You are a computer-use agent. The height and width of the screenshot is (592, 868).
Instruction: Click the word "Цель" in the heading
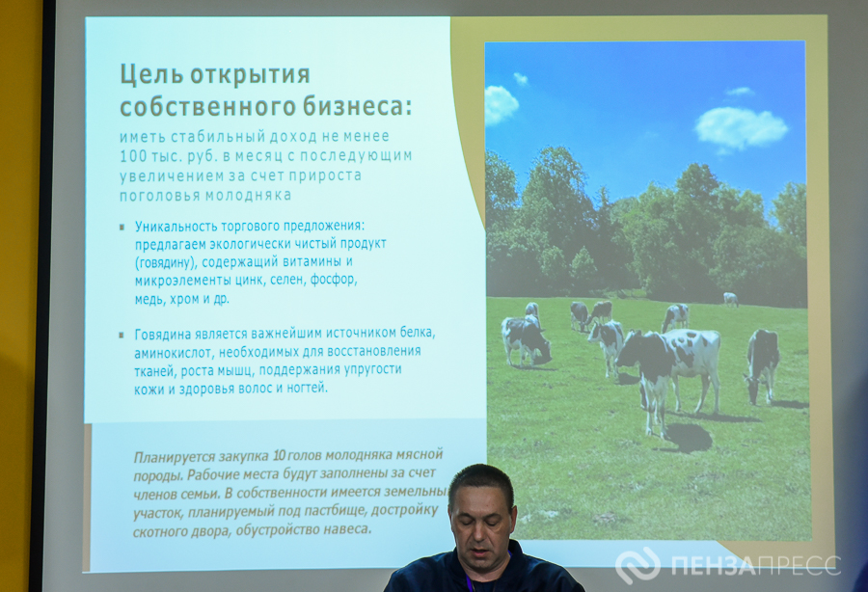coord(151,74)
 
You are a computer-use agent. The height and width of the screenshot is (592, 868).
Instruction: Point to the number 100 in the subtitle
coord(133,156)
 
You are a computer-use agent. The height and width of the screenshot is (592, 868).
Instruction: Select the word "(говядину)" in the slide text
coord(166,261)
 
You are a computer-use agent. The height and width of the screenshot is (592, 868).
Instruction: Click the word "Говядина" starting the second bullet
coord(163,335)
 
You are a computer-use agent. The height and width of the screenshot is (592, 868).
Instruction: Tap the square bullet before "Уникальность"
coord(122,227)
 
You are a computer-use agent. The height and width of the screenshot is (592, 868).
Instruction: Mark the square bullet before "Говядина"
coord(122,335)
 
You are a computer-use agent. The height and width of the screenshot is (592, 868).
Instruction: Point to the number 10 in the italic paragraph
coord(279,456)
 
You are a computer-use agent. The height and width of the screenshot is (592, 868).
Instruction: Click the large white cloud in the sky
coord(741,128)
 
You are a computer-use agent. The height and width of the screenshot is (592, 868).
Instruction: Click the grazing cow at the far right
coord(761,365)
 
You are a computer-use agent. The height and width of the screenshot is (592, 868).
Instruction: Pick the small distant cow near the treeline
coord(731,299)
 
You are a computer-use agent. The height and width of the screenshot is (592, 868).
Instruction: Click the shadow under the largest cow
coord(686,437)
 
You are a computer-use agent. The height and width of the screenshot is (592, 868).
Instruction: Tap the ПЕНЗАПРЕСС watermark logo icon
coord(637,565)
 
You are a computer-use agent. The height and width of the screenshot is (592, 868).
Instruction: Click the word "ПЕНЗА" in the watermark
coord(713,565)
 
